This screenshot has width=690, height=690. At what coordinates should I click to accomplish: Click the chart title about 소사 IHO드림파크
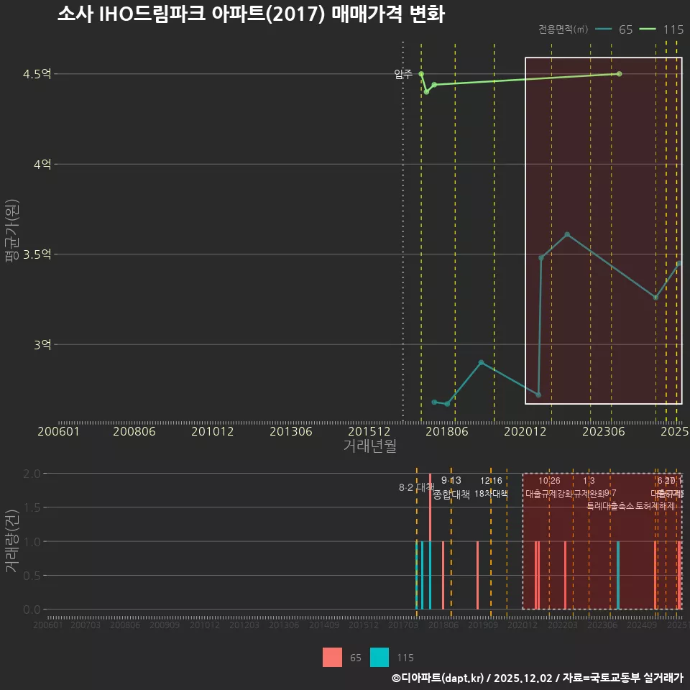pyautogui.click(x=251, y=15)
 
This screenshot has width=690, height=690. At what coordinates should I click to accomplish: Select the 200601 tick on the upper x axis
pyautogui.click(x=58, y=432)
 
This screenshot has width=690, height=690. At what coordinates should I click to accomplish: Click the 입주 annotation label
pyautogui.click(x=403, y=74)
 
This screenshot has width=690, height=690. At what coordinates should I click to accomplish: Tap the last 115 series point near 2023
pyautogui.click(x=620, y=74)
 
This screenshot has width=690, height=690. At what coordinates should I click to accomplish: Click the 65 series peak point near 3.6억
pyautogui.click(x=567, y=234)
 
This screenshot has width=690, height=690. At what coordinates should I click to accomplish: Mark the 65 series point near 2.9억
pyautogui.click(x=481, y=362)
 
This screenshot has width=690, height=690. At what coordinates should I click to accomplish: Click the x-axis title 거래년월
pyautogui.click(x=369, y=446)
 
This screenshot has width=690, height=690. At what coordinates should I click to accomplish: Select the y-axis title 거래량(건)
pyautogui.click(x=11, y=541)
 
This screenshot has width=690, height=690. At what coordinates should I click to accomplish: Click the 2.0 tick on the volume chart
pyautogui.click(x=31, y=474)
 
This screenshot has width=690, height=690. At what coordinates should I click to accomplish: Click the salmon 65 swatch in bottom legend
pyautogui.click(x=333, y=657)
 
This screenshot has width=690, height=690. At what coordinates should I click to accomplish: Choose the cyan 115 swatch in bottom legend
pyautogui.click(x=379, y=657)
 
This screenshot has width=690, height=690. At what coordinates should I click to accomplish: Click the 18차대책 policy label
pyautogui.click(x=491, y=494)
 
